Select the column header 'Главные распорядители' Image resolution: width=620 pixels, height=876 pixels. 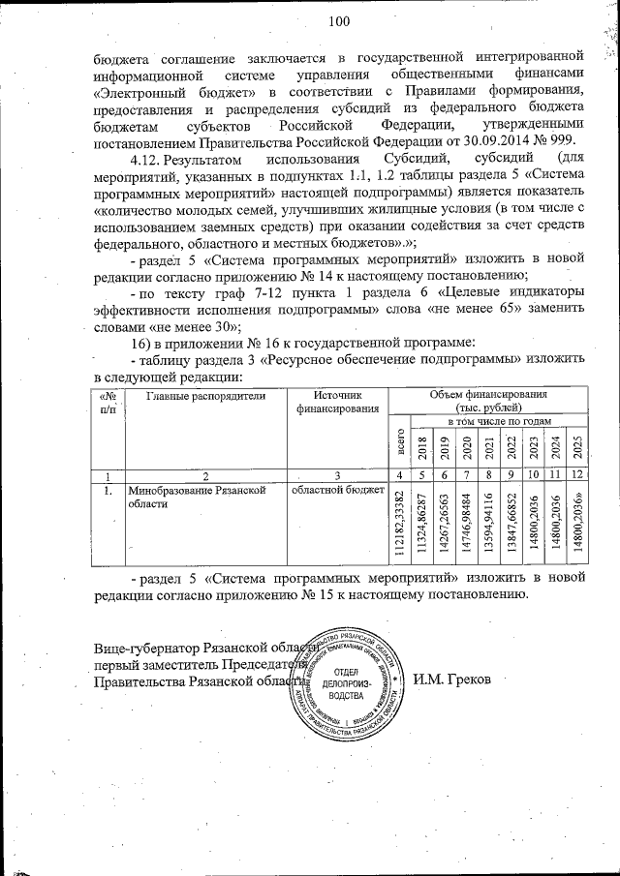pyautogui.click(x=204, y=396)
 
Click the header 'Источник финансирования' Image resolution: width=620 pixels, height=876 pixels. pyautogui.click(x=337, y=402)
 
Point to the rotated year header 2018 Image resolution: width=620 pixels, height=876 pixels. pyautogui.click(x=421, y=448)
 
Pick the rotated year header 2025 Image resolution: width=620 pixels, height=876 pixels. pyautogui.click(x=576, y=448)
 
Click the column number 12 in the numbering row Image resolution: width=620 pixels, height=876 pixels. pyautogui.click(x=576, y=474)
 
